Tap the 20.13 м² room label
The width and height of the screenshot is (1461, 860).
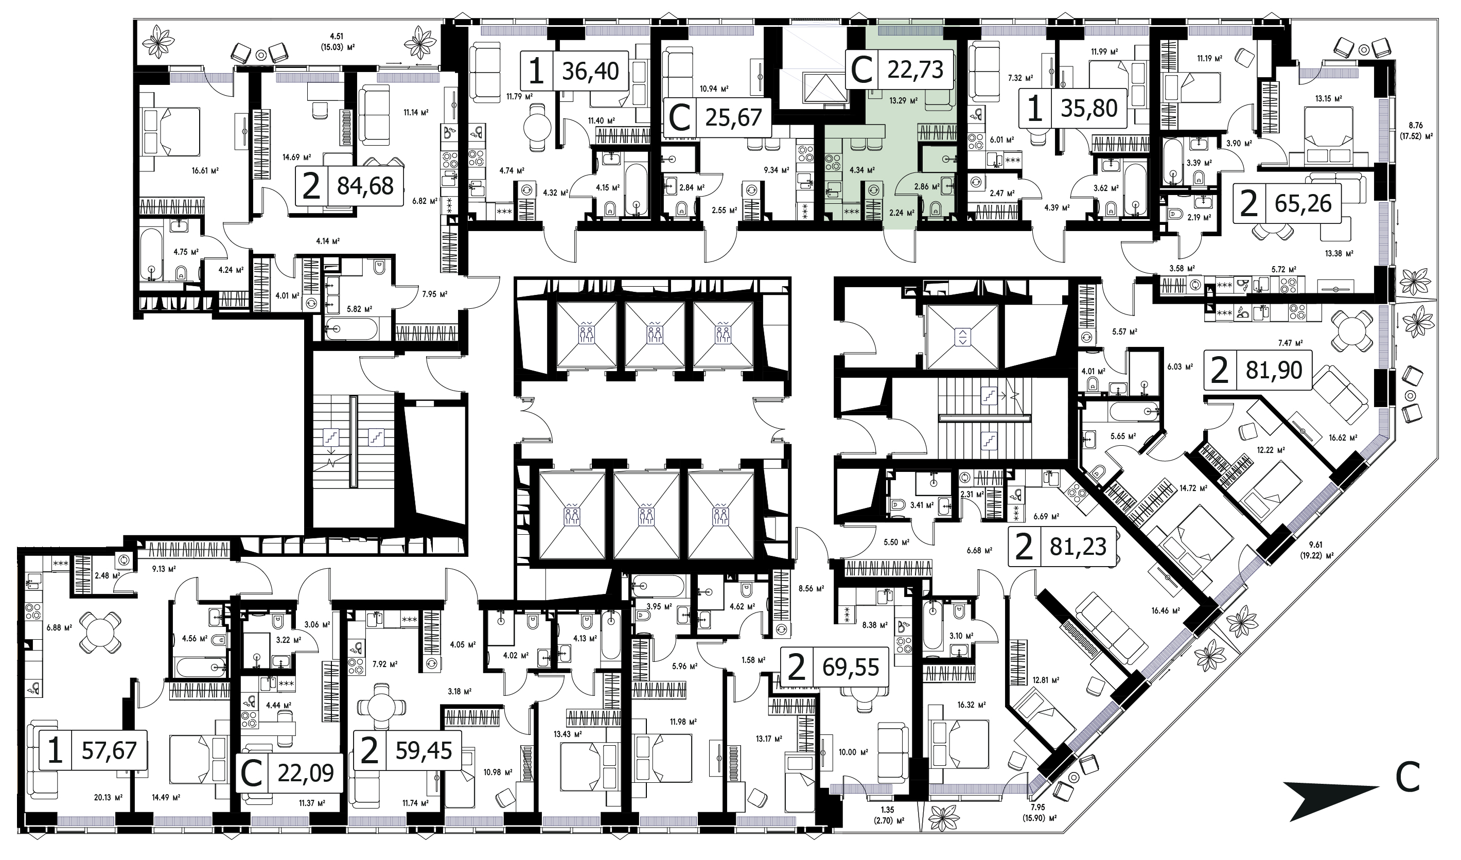pyautogui.click(x=108, y=797)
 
